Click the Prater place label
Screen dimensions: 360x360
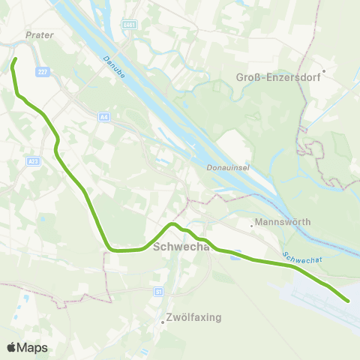click(x=40, y=34)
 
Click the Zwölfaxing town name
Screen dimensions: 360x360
click(x=195, y=317)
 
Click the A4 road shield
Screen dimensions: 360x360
click(x=104, y=117)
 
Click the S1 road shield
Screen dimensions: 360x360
click(x=157, y=291)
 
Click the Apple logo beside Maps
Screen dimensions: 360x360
click(x=12, y=347)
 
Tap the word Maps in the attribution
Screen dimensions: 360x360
click(x=33, y=348)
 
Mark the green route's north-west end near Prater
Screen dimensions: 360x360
click(x=16, y=58)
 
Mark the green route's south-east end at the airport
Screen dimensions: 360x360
click(x=348, y=301)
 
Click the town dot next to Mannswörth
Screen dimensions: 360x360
click(x=252, y=223)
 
